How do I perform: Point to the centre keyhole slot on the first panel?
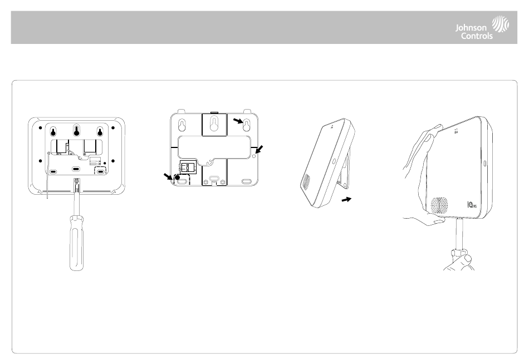point(76,132)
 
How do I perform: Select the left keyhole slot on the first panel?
point(52,132)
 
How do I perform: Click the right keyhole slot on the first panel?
point(100,132)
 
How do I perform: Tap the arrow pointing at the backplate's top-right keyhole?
point(237,121)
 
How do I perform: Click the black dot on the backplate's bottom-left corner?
point(178,179)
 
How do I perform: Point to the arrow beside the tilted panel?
point(346,199)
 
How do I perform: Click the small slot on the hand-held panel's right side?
point(484,165)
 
